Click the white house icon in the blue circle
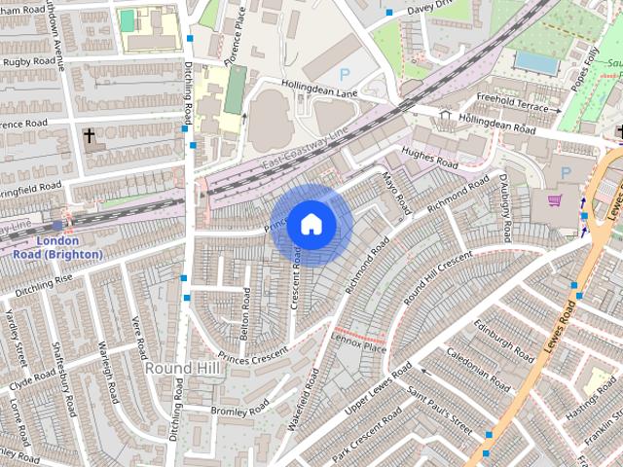pyautogui.click(x=311, y=224)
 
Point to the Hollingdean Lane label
pyautogui.click(x=321, y=89)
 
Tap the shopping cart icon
pyautogui.click(x=555, y=200)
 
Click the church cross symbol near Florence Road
pyautogui.click(x=90, y=136)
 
